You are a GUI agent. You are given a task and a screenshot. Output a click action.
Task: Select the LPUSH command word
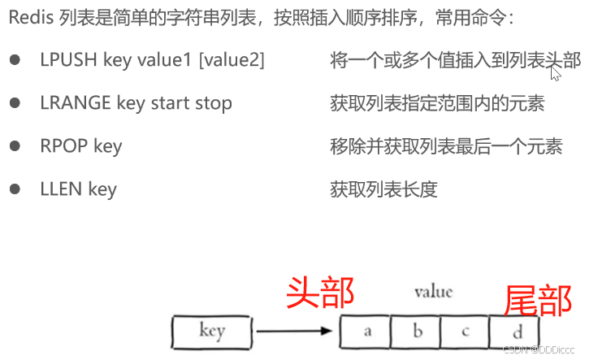pyautogui.click(x=65, y=60)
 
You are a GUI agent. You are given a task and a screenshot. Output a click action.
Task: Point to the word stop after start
pyautogui.click(x=213, y=103)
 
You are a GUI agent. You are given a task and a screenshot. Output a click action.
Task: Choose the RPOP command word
pyautogui.click(x=62, y=146)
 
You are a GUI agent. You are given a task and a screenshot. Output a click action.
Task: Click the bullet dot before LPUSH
pyautogui.click(x=15, y=61)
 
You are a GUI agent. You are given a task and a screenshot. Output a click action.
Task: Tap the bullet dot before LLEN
pyautogui.click(x=15, y=189)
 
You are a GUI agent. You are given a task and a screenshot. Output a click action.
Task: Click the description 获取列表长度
pyautogui.click(x=384, y=189)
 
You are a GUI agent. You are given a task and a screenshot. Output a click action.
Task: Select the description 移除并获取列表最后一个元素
pyautogui.click(x=446, y=146)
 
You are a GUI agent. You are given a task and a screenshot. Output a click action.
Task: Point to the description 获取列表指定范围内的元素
pyautogui.click(x=437, y=103)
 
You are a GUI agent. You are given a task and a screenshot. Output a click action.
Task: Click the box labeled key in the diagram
pyautogui.click(x=212, y=332)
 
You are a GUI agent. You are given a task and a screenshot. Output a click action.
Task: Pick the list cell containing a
pyautogui.click(x=366, y=332)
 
